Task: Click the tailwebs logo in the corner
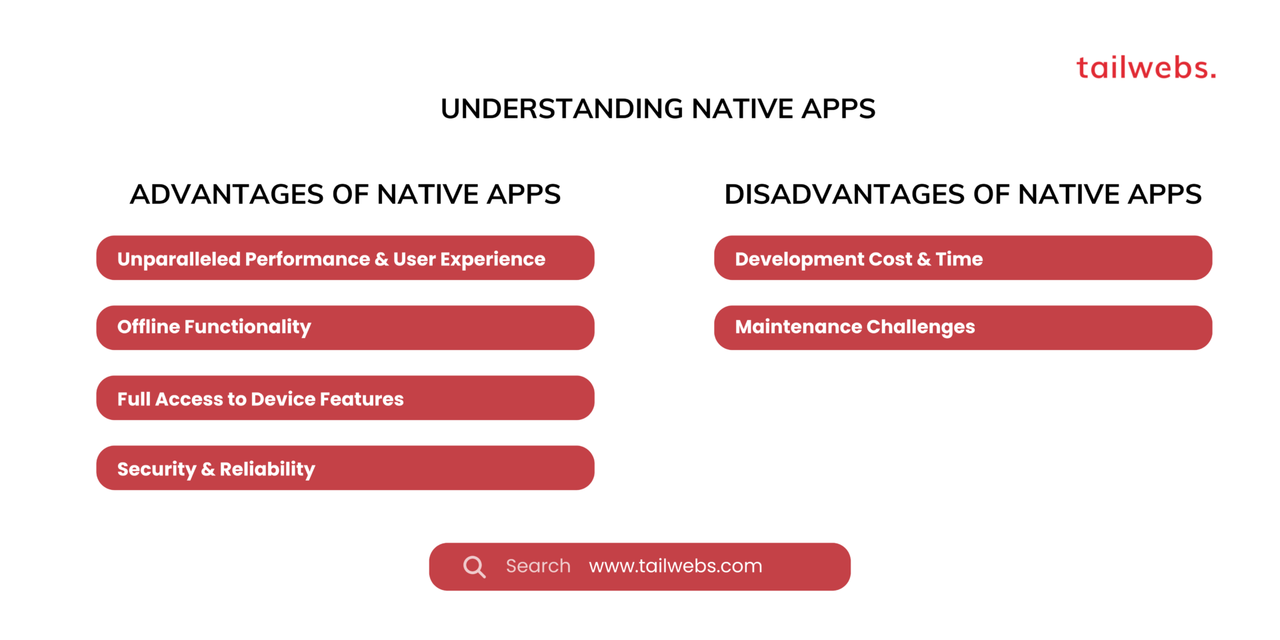pos(1145,68)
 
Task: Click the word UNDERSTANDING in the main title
pos(561,109)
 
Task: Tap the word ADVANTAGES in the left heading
pos(227,195)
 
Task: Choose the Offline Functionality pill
pos(345,327)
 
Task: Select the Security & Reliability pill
pos(345,468)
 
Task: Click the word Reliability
pos(267,469)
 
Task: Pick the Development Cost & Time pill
pos(962,258)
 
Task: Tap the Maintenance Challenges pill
pos(962,327)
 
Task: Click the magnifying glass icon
pos(474,567)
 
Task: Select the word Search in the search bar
pos(538,566)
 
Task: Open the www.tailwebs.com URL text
pos(675,566)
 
